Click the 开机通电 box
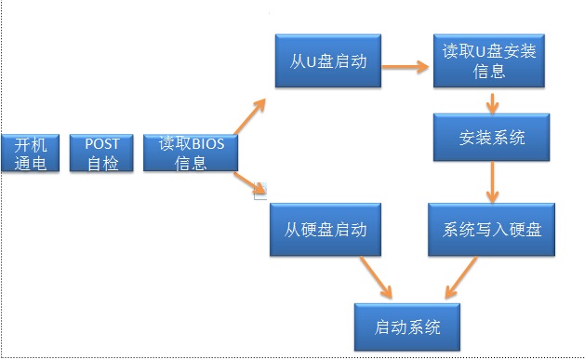click(31, 153)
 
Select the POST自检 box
click(102, 153)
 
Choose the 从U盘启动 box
click(327, 62)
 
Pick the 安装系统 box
click(492, 139)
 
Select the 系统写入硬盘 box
click(492, 230)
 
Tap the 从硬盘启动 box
click(325, 230)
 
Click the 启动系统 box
click(407, 327)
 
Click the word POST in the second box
click(102, 144)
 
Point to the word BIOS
click(210, 144)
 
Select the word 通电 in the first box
click(31, 163)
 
